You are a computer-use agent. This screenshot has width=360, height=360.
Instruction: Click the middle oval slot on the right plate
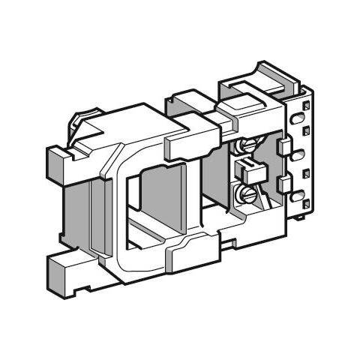[x=300, y=154]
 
